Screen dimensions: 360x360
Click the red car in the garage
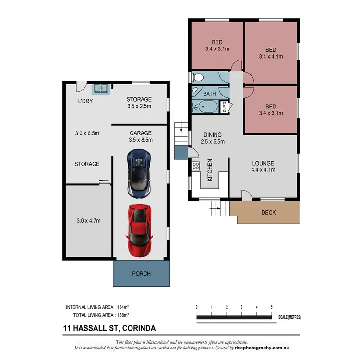(140, 231)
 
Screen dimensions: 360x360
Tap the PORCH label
(141, 274)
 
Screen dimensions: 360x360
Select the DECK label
(268, 212)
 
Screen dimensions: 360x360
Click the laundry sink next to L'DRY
(101, 88)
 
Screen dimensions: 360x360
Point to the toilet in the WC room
(197, 76)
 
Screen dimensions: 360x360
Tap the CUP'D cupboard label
(224, 107)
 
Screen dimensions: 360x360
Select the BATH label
(209, 94)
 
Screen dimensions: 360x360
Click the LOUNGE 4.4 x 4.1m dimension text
(263, 170)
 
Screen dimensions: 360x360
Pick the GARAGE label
(141, 133)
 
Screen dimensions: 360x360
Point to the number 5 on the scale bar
(272, 307)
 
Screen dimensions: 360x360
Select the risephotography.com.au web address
(263, 347)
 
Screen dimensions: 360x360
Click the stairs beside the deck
(217, 208)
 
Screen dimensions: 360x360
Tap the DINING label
(213, 134)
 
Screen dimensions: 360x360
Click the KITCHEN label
(209, 170)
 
